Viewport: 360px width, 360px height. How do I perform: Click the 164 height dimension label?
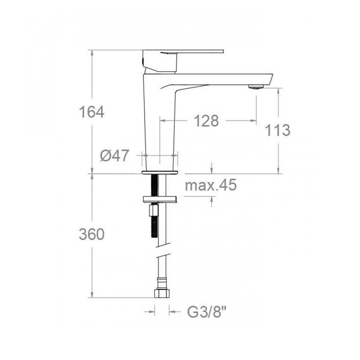[x=91, y=112]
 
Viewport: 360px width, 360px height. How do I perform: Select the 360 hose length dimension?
[x=91, y=234]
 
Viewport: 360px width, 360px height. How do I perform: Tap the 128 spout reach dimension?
[x=206, y=121]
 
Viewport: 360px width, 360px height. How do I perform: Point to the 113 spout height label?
[x=278, y=130]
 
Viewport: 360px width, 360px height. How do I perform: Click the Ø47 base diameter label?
[x=114, y=156]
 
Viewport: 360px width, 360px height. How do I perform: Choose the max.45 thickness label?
[x=211, y=185]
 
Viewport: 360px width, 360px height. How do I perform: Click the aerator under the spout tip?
[x=256, y=86]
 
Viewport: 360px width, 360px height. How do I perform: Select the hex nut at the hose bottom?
[x=162, y=293]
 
